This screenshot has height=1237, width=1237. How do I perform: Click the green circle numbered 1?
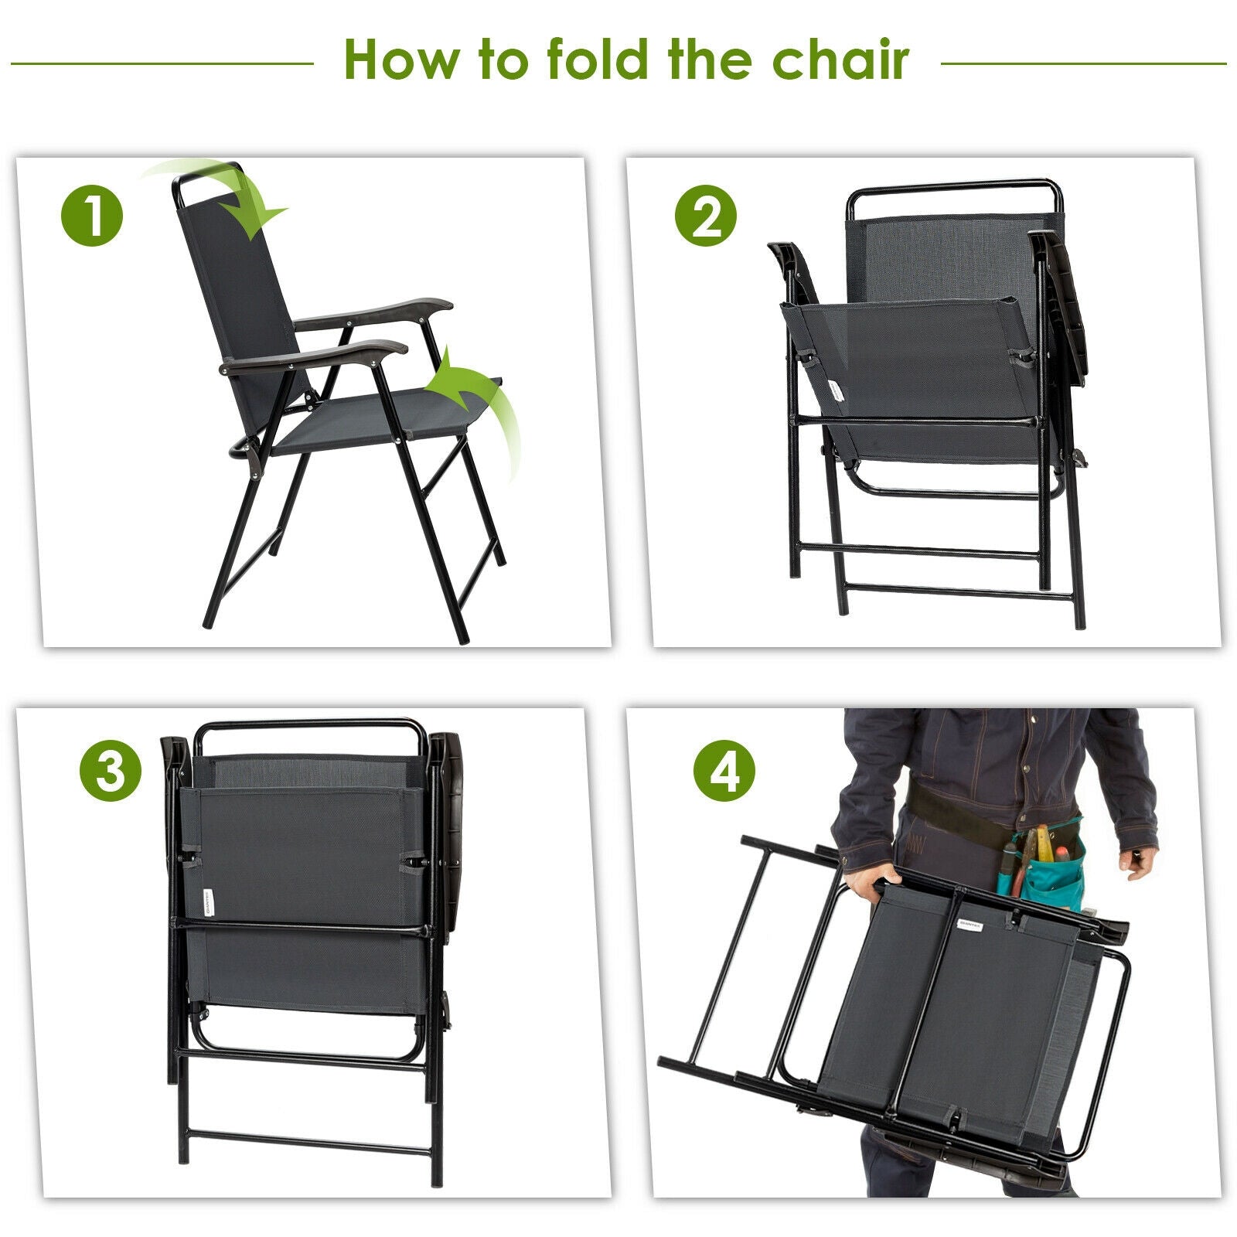pyautogui.click(x=91, y=216)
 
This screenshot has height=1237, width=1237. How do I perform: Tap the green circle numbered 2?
pyautogui.click(x=705, y=216)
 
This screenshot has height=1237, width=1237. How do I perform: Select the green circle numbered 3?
pyautogui.click(x=111, y=770)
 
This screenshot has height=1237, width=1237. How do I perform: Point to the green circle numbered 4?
pyautogui.click(x=724, y=770)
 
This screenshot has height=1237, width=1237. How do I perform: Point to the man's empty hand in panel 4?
pyautogui.click(x=1138, y=861)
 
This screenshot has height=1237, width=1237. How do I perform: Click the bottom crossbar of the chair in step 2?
pyautogui.click(x=959, y=592)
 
